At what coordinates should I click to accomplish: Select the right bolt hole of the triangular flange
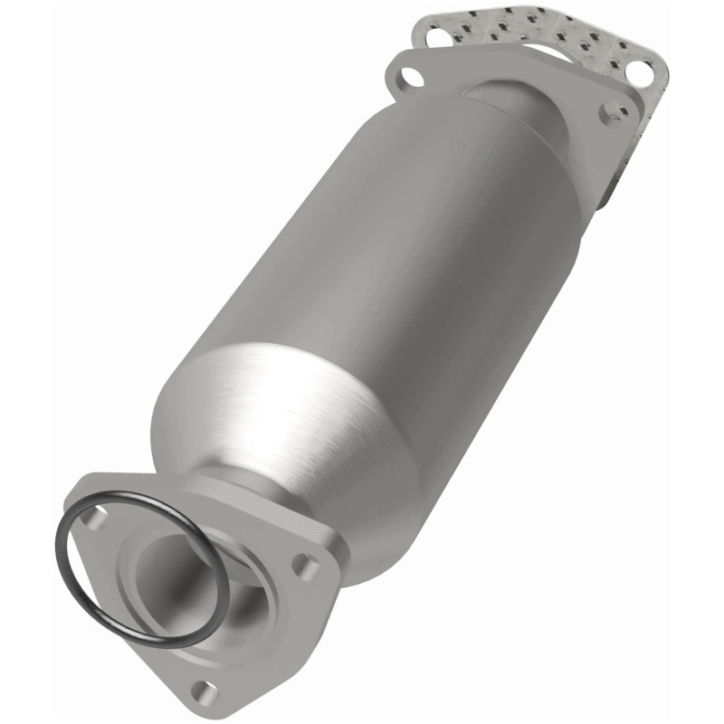309,568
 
